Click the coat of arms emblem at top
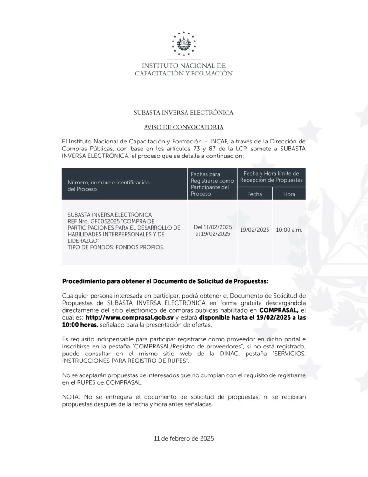click(184, 43)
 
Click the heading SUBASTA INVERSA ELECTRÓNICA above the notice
click(184, 113)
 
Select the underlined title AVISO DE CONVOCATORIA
click(184, 127)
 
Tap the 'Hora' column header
click(289, 194)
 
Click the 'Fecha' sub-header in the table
click(254, 194)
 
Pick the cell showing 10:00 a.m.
click(289, 230)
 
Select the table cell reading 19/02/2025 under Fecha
click(254, 230)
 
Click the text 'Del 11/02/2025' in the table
click(213, 227)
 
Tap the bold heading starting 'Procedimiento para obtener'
click(165, 282)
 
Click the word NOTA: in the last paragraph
click(71, 397)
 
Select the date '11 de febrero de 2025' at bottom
click(184, 439)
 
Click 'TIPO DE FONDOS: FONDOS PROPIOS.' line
click(116, 247)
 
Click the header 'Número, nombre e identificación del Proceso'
click(109, 186)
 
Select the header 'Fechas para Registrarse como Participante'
click(212, 184)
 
